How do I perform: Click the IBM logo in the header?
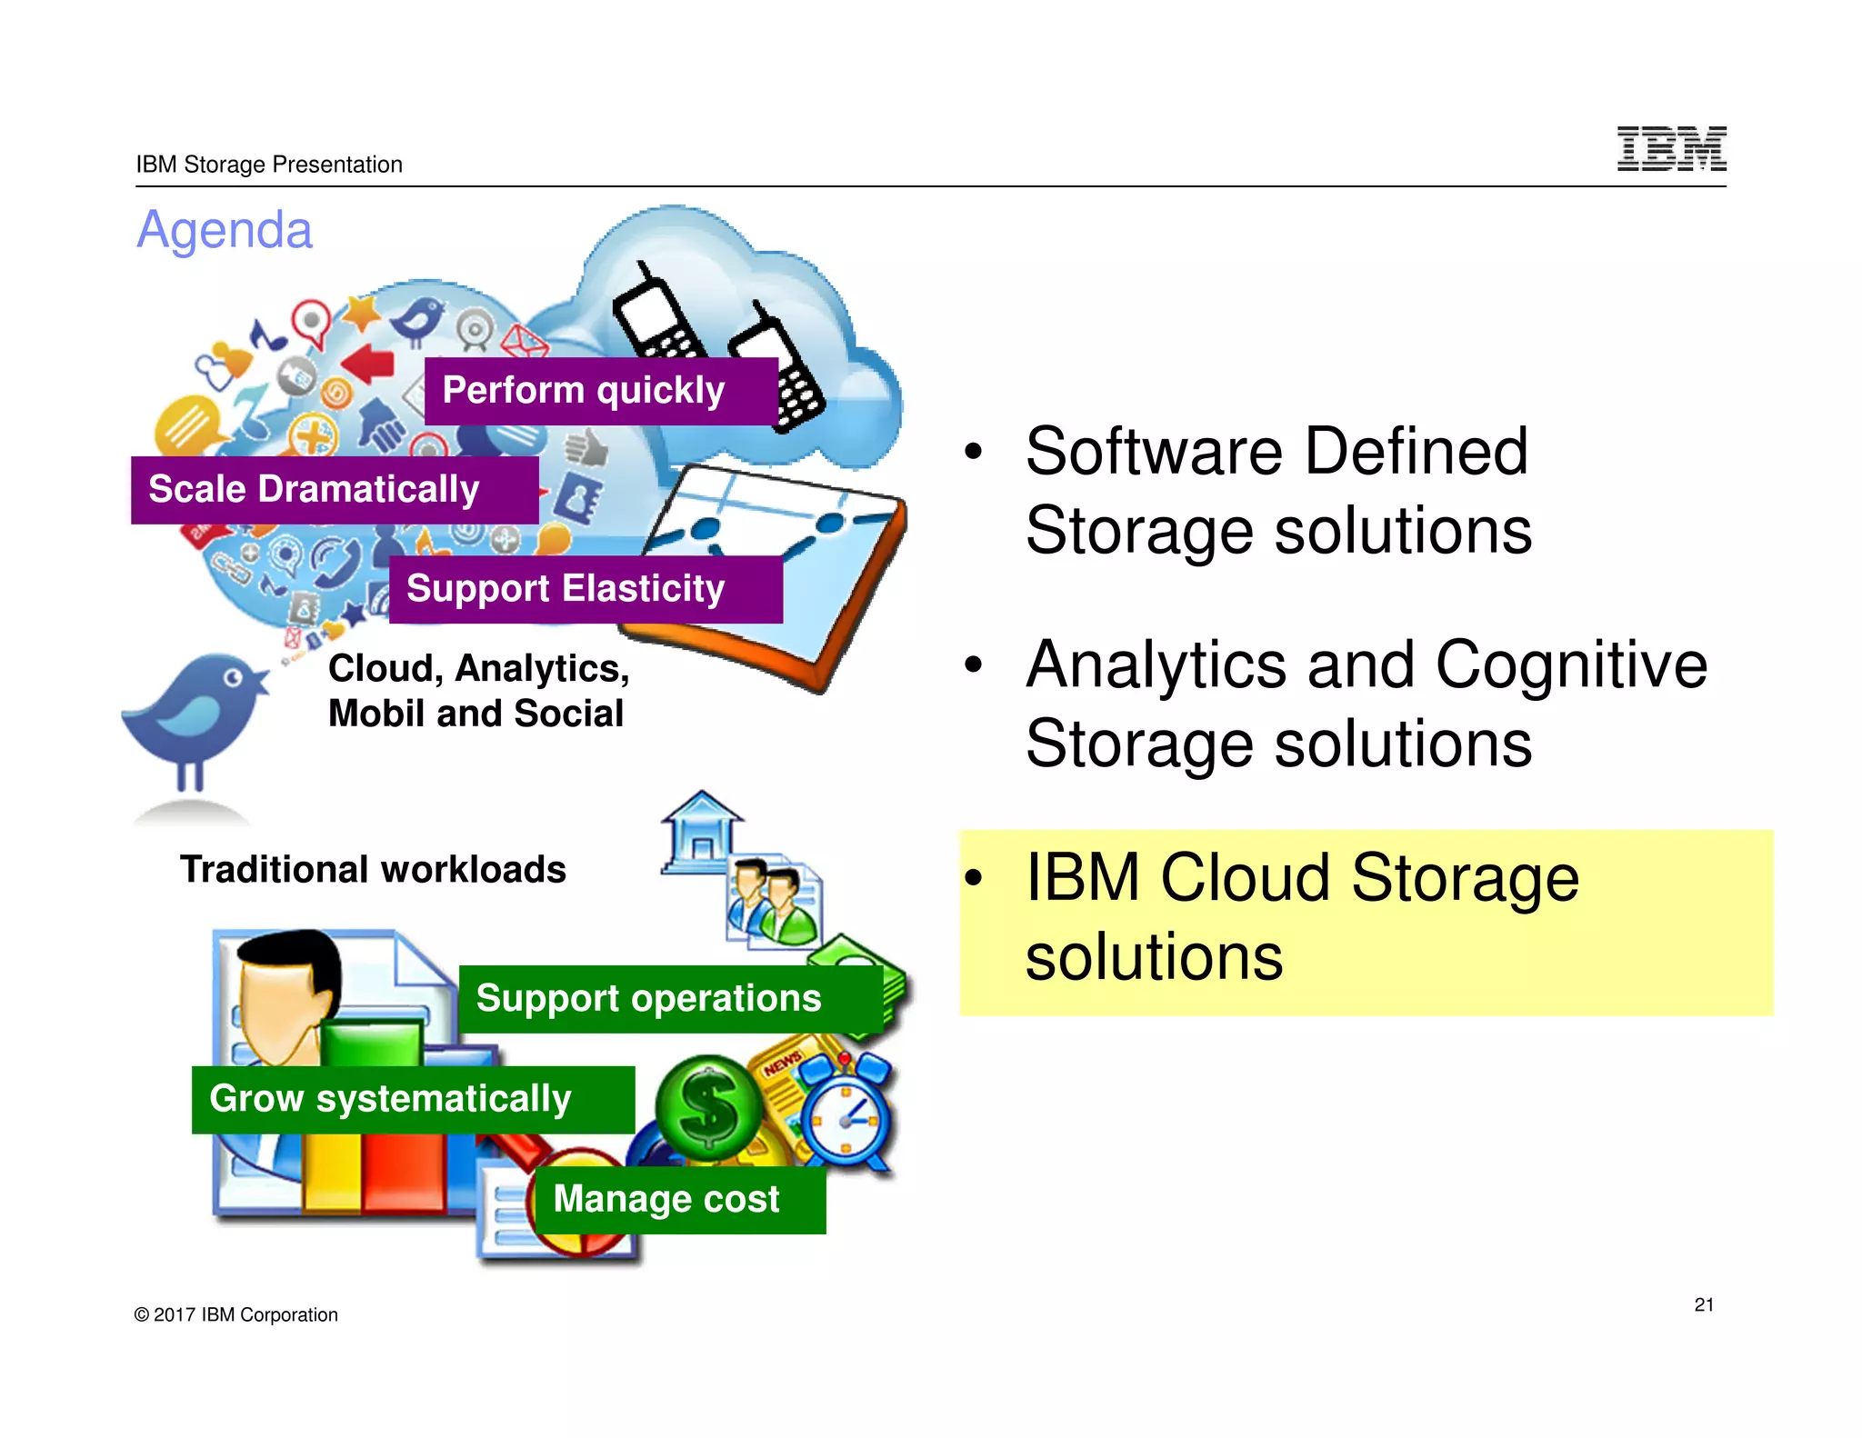click(1671, 149)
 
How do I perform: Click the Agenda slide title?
click(225, 230)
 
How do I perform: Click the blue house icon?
click(701, 832)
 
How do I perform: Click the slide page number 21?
click(1704, 1304)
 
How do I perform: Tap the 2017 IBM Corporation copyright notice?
click(235, 1314)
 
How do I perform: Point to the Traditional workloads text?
click(373, 870)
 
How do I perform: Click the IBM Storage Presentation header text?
click(269, 165)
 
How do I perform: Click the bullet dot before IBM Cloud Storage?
click(974, 877)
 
